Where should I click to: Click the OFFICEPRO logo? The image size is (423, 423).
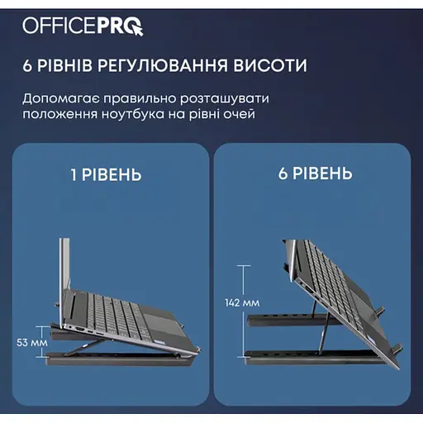[x=83, y=26]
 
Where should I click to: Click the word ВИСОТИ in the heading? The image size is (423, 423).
[x=270, y=65]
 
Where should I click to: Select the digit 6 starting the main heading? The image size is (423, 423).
[x=27, y=65]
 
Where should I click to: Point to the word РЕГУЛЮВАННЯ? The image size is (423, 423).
[x=162, y=66]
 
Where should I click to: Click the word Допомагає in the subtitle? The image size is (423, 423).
[x=61, y=99]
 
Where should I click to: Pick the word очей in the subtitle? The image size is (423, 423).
[x=239, y=114]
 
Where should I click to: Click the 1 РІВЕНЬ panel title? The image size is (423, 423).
[x=107, y=174]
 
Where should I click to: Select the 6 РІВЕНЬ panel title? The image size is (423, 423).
[x=316, y=173]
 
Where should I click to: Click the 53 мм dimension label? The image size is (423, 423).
[x=32, y=343]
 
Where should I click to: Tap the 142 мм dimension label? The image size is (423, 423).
[x=242, y=303]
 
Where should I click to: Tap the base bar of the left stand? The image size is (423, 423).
[x=117, y=360]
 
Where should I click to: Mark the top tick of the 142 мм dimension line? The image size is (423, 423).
[x=244, y=266]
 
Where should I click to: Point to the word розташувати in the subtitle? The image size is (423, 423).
[x=225, y=99]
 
